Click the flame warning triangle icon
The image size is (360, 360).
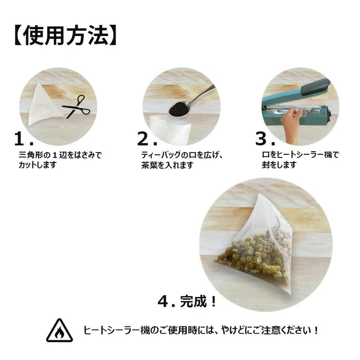click(x=59, y=331)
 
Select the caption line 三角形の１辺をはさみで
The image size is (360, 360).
click(x=60, y=155)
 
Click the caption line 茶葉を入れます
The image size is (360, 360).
click(x=167, y=165)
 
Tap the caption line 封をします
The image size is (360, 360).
click(x=279, y=165)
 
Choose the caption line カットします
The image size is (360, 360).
click(x=44, y=165)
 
